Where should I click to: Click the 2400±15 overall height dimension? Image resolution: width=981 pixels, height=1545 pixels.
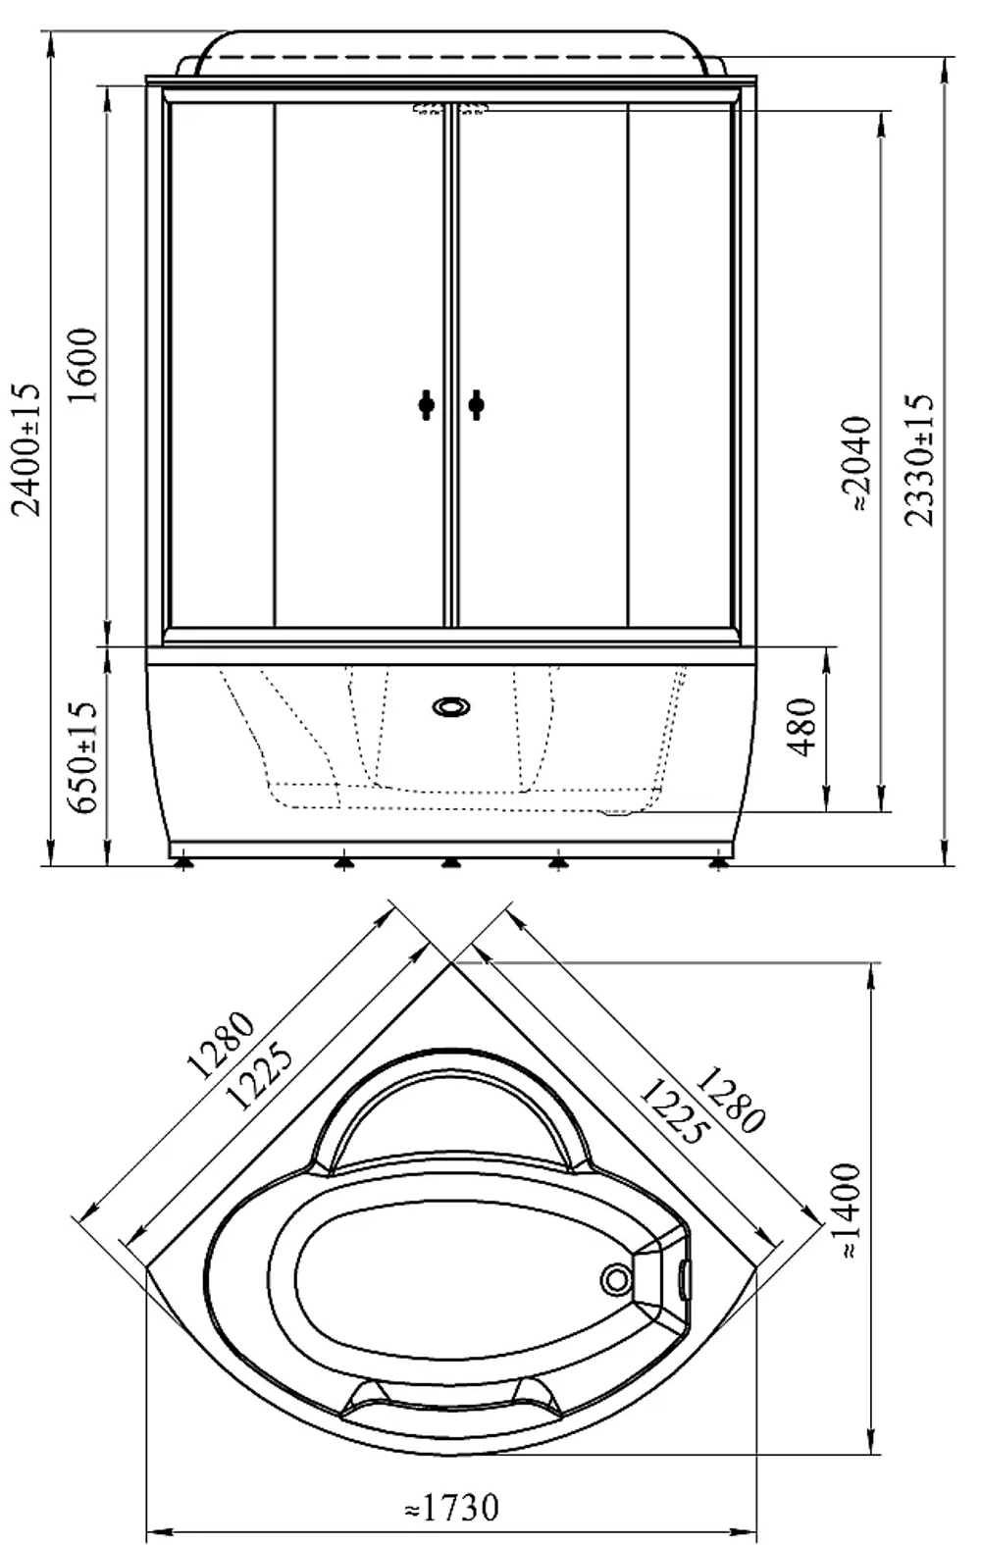point(27,449)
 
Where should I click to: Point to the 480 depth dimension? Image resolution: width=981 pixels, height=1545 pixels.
point(801,728)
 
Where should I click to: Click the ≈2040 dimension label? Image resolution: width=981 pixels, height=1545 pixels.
point(857,463)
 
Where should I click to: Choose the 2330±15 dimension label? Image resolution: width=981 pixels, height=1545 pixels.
point(919,460)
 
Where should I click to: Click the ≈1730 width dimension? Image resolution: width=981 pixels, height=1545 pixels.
point(451,1508)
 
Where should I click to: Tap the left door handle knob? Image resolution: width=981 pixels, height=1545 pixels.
point(427,405)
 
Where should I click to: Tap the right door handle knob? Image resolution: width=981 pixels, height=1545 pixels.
point(476,405)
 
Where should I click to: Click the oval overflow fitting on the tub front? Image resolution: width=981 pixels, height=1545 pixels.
point(451,706)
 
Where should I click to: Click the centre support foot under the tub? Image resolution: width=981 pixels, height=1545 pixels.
point(450,862)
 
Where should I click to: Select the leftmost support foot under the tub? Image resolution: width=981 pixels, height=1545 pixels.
point(182,862)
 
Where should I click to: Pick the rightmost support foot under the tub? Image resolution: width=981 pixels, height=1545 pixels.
point(718,862)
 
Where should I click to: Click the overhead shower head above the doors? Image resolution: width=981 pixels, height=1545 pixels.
point(450,108)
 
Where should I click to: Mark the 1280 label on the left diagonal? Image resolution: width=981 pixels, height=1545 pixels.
point(220,1045)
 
